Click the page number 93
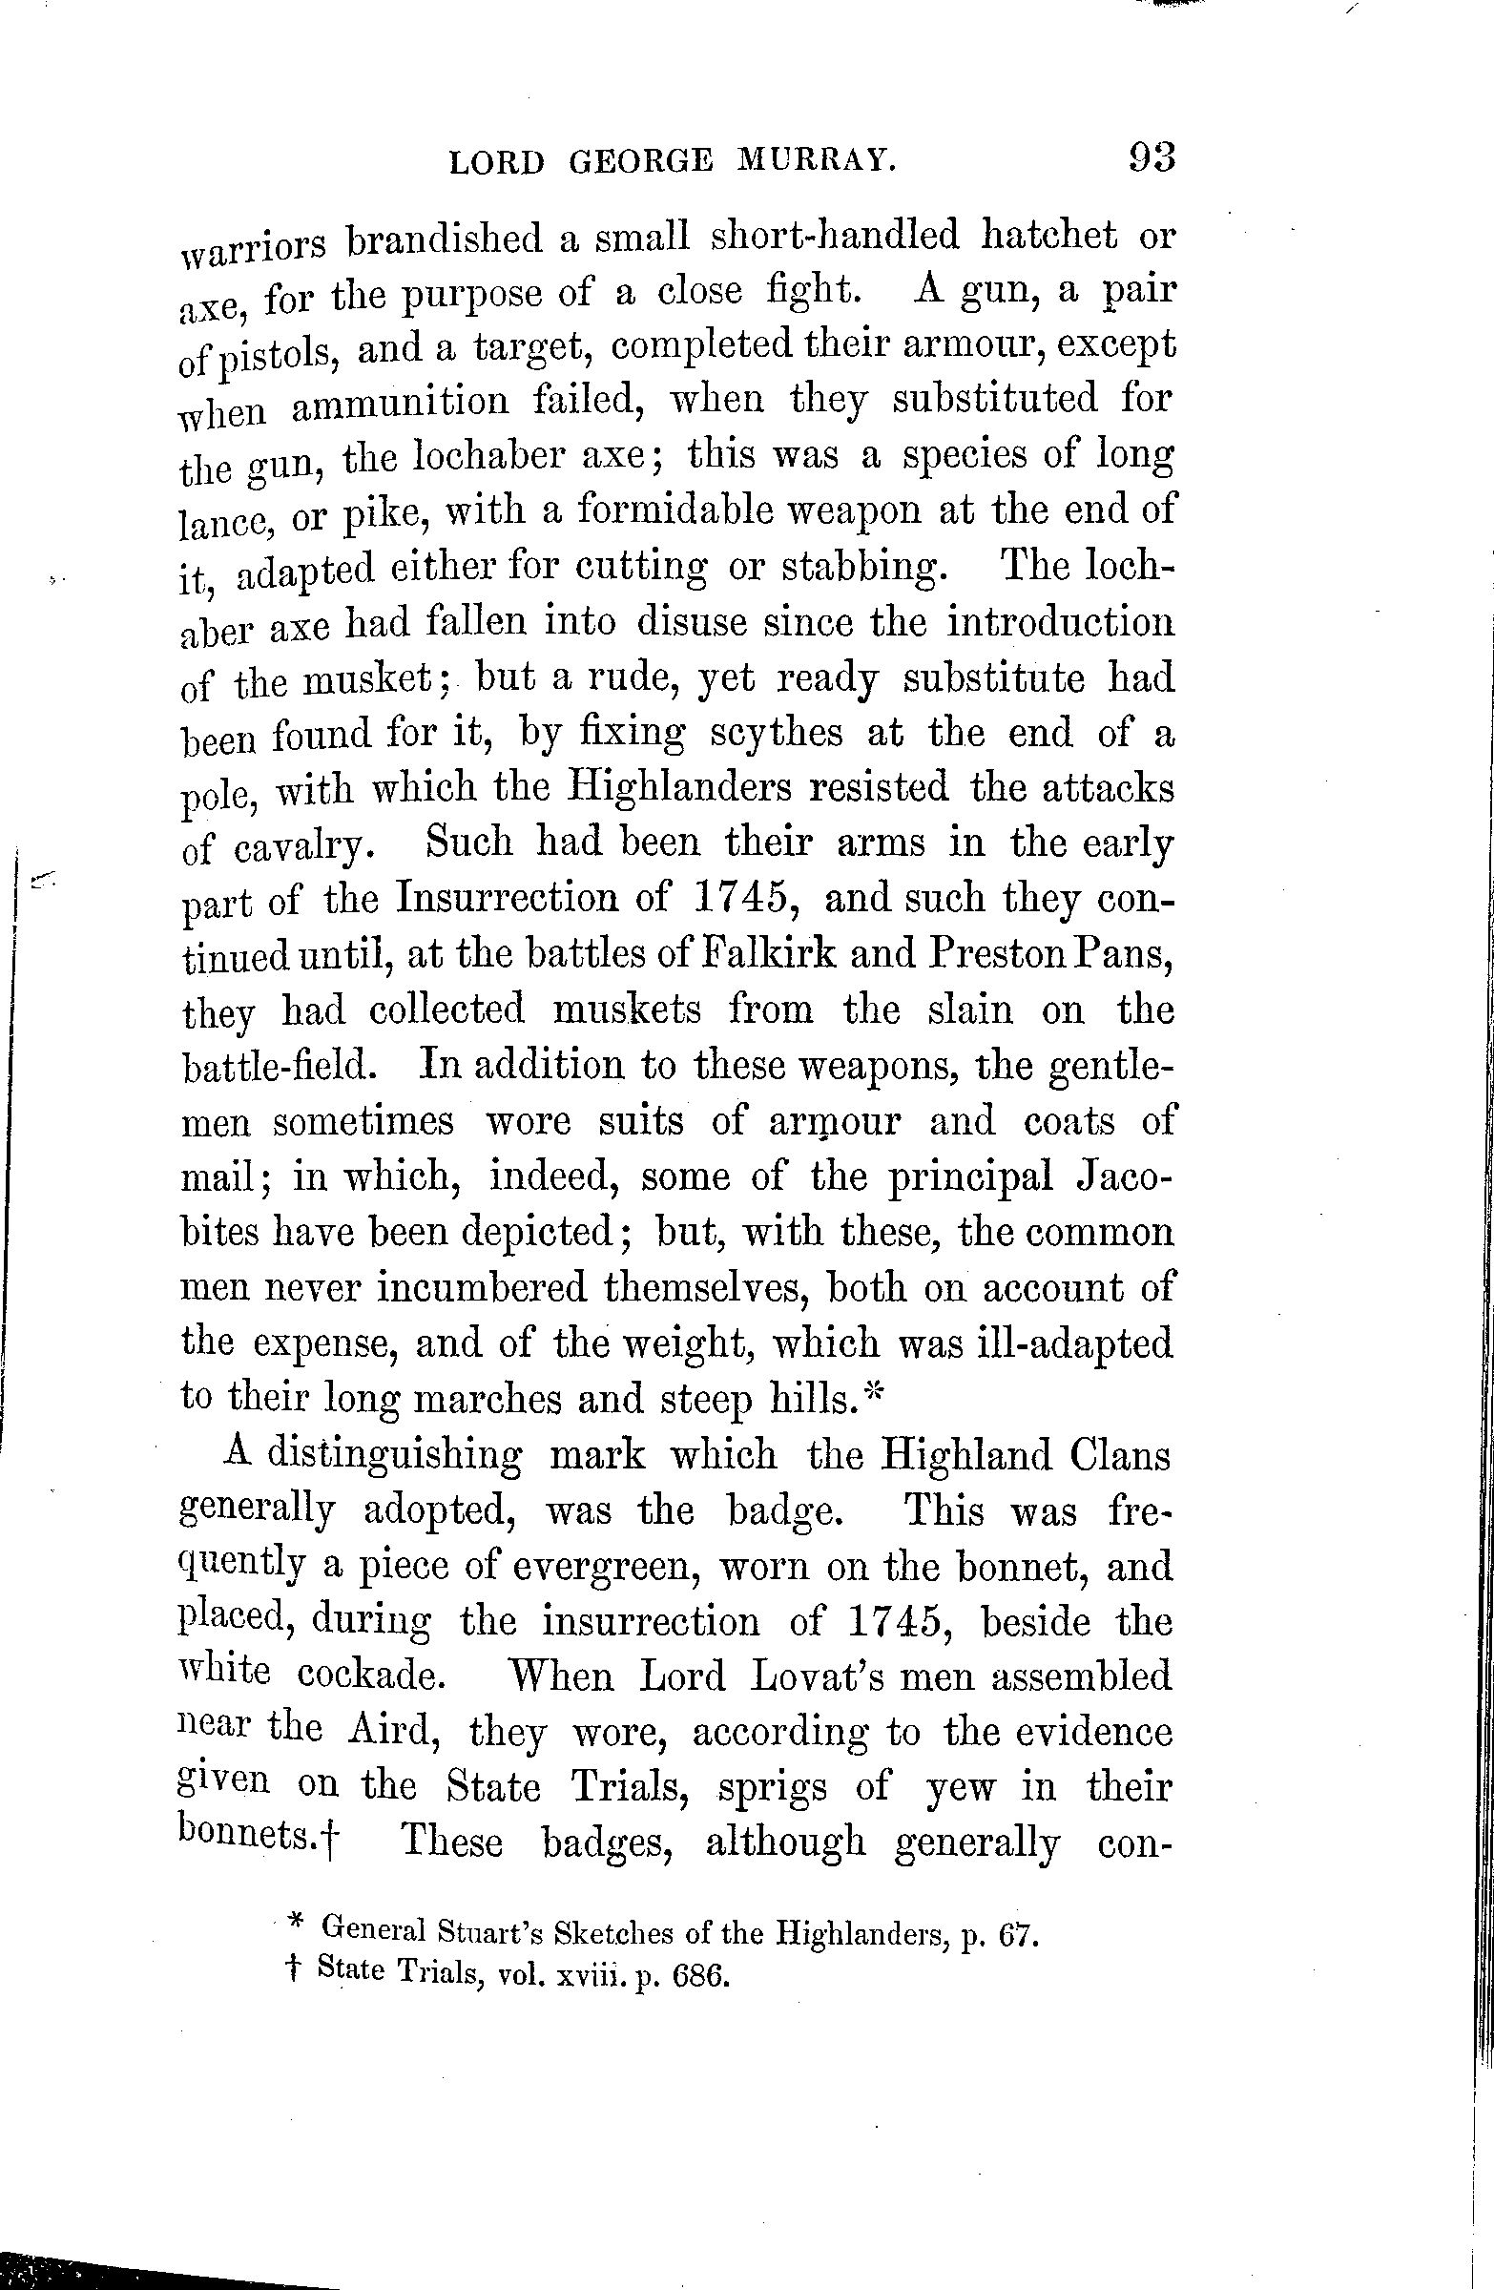[1152, 156]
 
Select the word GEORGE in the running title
[641, 162]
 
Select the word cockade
[370, 1676]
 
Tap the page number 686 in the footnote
[699, 1976]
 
